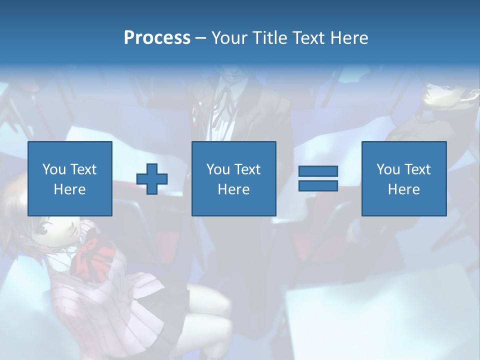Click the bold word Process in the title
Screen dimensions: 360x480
157,38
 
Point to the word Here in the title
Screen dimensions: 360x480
349,38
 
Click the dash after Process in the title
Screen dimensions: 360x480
201,38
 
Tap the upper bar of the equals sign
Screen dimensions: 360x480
318,171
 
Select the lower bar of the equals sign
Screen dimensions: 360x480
318,185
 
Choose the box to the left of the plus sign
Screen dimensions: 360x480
70,178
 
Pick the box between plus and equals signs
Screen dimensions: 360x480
233,178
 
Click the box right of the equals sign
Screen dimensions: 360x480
403,178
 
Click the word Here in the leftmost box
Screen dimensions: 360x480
70,189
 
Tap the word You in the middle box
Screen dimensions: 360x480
218,169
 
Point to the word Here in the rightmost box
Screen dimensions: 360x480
403,189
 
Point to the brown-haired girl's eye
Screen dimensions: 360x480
43,231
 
